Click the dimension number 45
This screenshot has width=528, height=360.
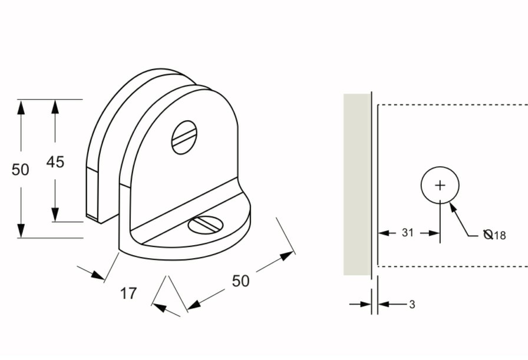(55, 161)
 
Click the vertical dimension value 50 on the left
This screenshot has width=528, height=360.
(21, 170)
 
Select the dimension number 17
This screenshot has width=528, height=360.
(128, 293)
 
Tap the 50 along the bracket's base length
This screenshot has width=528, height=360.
(240, 281)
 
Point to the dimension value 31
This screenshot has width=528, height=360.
(408, 233)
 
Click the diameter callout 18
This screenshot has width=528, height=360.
(500, 236)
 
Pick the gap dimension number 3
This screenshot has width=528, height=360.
(412, 305)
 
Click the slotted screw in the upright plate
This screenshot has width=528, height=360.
(184, 137)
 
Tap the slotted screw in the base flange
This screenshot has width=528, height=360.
(204, 224)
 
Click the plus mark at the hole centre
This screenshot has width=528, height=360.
(440, 186)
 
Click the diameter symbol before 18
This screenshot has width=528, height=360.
(488, 235)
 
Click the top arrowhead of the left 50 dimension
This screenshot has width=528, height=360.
(21, 107)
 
